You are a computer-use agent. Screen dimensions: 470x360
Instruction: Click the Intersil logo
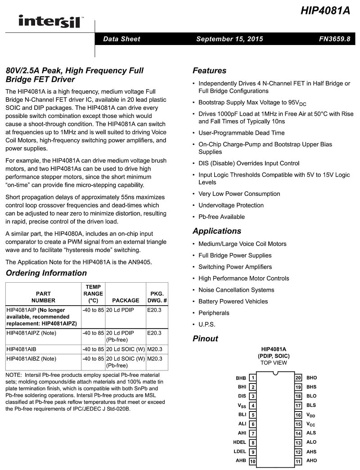tap(50, 21)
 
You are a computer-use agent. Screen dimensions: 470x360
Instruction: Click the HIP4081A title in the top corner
tap(325, 11)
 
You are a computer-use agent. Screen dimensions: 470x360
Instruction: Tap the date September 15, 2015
tap(229, 39)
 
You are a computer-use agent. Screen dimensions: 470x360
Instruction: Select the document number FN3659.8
tap(334, 39)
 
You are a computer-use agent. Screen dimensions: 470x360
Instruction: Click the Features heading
tap(209, 71)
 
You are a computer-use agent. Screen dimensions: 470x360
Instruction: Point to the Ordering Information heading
tap(46, 273)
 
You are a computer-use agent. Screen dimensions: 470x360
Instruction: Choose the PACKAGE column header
tap(126, 300)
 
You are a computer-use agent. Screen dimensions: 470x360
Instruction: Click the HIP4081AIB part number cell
tap(22, 349)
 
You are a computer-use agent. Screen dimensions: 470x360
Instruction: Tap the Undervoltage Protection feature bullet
tap(231, 205)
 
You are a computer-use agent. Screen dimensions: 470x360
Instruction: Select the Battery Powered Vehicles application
tap(233, 302)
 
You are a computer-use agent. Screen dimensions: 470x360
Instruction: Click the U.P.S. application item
tap(207, 325)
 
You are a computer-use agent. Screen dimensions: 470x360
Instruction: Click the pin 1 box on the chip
tap(253, 378)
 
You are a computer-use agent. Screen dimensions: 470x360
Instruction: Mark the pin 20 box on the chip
tap(298, 378)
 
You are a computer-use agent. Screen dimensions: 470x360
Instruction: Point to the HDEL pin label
tap(239, 443)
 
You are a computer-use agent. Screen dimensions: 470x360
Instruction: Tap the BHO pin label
tap(311, 378)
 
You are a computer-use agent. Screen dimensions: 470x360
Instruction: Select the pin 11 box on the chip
tap(298, 461)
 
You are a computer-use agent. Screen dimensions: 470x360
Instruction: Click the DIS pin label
tap(242, 396)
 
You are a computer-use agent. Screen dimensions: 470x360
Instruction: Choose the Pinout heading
tap(205, 339)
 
